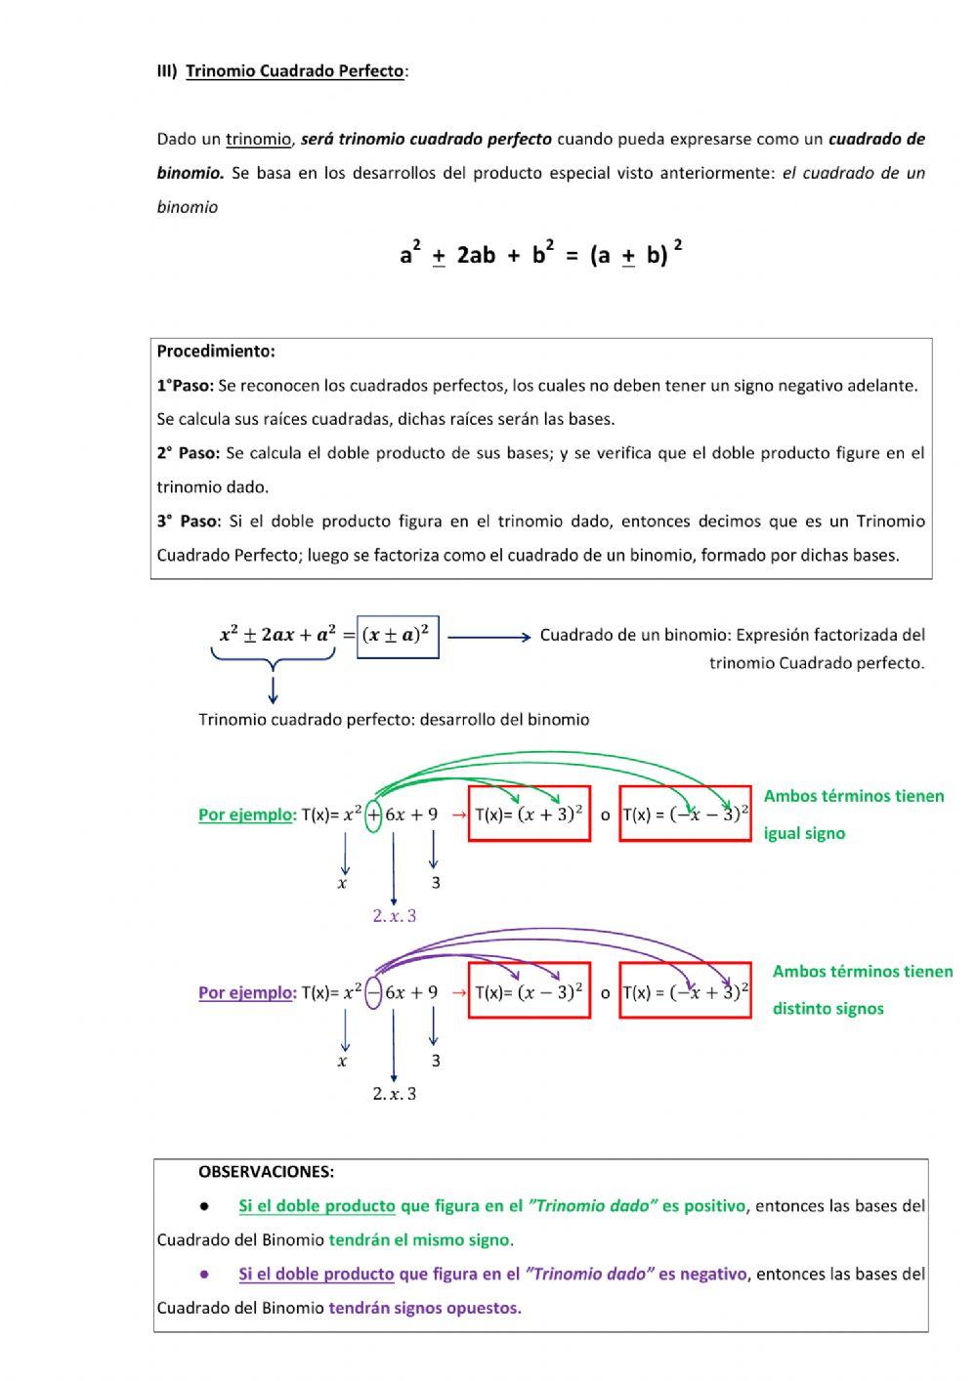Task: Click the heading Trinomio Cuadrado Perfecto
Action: (294, 71)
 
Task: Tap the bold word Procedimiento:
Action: (216, 352)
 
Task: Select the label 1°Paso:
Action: (185, 386)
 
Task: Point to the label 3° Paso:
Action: (189, 522)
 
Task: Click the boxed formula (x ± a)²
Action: (399, 636)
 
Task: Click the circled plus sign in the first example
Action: (373, 815)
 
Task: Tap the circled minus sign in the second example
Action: (373, 993)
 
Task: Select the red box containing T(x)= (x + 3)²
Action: (529, 814)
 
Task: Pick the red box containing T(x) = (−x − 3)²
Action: (685, 814)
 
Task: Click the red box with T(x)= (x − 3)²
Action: (529, 992)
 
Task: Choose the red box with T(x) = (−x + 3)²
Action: (685, 992)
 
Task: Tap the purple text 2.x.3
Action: (394, 916)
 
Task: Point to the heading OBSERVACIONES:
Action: (266, 1172)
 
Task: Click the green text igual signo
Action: (804, 834)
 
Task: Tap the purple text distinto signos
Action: (828, 1009)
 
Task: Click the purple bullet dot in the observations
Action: (205, 1275)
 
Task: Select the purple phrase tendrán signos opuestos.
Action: (425, 1309)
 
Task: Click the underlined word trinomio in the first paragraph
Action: (259, 140)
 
